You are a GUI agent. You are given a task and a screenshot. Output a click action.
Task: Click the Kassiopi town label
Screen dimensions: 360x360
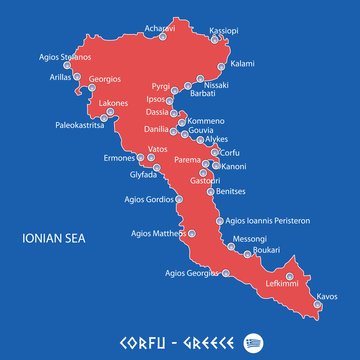pyautogui.click(x=224, y=31)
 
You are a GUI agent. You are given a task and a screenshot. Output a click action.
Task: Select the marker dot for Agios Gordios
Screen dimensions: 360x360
pyautogui.click(x=180, y=198)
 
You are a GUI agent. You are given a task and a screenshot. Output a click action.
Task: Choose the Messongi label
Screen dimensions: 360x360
pyautogui.click(x=250, y=239)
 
